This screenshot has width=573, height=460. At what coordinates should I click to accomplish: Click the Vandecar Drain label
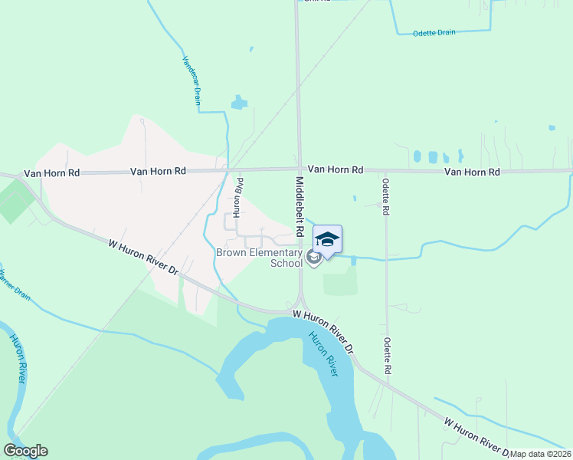pos(191,80)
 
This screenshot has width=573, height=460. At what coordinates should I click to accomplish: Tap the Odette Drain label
pos(434,34)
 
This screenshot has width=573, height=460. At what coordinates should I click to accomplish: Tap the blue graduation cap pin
pos(327,241)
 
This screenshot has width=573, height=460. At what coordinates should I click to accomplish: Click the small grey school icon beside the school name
pos(313,258)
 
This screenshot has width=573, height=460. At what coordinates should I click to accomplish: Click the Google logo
pos(26,451)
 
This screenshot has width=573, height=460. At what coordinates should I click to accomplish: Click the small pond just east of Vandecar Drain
pos(240,102)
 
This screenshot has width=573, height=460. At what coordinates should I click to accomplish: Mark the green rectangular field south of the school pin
pos(340,281)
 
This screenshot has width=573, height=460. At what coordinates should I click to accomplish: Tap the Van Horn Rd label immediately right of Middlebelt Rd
pos(335,169)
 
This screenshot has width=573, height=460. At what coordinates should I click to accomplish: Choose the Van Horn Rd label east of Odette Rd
pos(472,172)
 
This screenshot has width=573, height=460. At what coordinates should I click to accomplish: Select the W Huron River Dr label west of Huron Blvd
pos(143,258)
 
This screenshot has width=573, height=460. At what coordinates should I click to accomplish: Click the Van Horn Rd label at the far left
pos(51,173)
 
